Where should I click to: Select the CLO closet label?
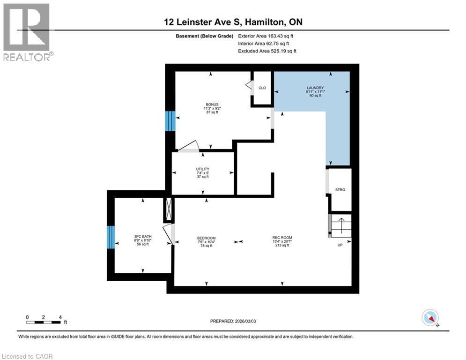pos(262,88)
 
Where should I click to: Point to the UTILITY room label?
pos(202,169)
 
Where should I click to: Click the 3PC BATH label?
pos(142,236)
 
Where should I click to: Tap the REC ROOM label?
pos(282,238)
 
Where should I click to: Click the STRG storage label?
pos(340,189)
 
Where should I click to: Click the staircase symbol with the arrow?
pos(340,225)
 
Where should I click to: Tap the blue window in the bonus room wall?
pos(170,121)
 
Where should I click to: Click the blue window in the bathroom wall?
pos(111,238)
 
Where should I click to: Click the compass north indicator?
pos(430,318)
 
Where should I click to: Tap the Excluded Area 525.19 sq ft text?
pos(267,51)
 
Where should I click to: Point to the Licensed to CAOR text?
pos(28,356)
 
